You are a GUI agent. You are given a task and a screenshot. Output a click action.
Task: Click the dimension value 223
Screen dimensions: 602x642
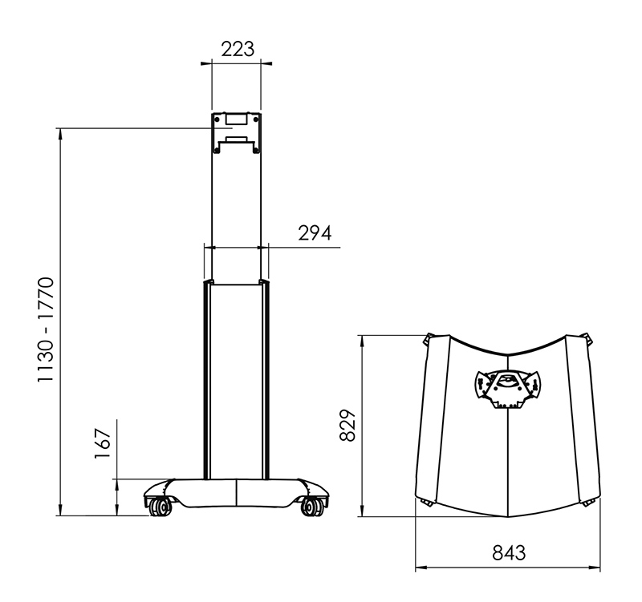coord(238,49)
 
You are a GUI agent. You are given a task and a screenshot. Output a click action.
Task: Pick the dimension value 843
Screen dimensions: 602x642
coord(508,553)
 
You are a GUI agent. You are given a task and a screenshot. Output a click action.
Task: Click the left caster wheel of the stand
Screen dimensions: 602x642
coord(159,506)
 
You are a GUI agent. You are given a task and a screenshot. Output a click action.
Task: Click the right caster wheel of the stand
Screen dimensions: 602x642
coord(312,506)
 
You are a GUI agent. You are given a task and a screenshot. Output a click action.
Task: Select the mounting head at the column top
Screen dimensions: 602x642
coord(237,133)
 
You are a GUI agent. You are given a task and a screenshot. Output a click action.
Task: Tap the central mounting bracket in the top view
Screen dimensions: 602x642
coord(508,390)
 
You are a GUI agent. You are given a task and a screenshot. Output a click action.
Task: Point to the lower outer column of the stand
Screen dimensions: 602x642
coord(237,377)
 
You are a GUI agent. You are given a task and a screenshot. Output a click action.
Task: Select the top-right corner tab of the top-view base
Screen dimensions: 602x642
coord(590,339)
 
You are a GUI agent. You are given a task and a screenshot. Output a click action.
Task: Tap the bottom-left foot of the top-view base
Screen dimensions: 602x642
coord(425,503)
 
